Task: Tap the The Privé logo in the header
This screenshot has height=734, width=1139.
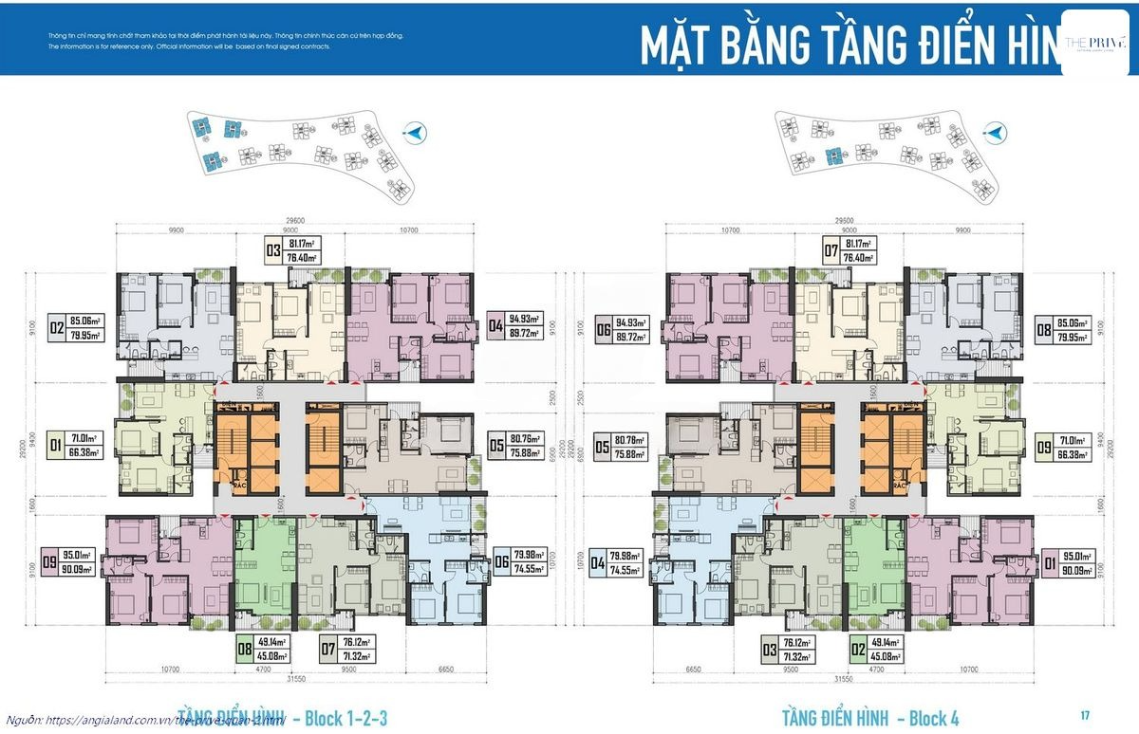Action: coord(1095,42)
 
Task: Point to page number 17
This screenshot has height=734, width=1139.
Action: coord(1084,714)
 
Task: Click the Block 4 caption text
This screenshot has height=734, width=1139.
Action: coord(870,717)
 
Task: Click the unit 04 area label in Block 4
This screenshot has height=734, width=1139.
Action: coord(617,562)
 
